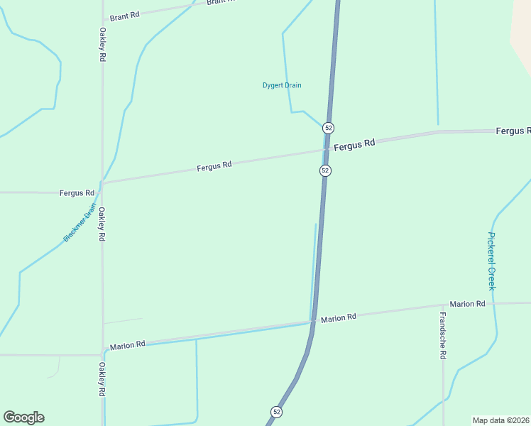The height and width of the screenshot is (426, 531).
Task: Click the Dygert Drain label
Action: tap(282, 85)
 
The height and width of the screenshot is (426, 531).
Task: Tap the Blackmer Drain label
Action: tap(79, 223)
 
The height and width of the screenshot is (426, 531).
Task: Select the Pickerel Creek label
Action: tap(491, 261)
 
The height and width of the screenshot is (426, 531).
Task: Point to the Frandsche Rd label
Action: tap(442, 335)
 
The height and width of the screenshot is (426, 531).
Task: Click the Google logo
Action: tap(23, 417)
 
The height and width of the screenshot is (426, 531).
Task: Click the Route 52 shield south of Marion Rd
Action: tap(276, 412)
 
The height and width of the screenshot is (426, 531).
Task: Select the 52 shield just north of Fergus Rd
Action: tap(327, 128)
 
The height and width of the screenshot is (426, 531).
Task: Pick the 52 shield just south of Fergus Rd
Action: tap(325, 170)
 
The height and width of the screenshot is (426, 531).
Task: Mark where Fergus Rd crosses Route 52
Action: tap(326, 149)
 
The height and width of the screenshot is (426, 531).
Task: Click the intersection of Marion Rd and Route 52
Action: tap(312, 322)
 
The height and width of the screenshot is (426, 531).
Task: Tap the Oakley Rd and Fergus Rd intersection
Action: tap(102, 183)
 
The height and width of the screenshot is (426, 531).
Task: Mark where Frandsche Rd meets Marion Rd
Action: tap(443, 306)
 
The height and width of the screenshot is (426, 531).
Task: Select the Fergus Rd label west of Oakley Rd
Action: tap(77, 192)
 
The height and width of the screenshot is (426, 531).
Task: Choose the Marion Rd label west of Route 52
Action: tap(128, 344)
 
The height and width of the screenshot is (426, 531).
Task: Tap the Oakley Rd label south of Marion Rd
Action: tap(102, 379)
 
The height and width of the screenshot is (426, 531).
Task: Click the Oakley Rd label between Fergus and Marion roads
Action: tap(102, 224)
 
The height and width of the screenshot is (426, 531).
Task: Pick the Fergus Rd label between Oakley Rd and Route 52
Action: tap(214, 166)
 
